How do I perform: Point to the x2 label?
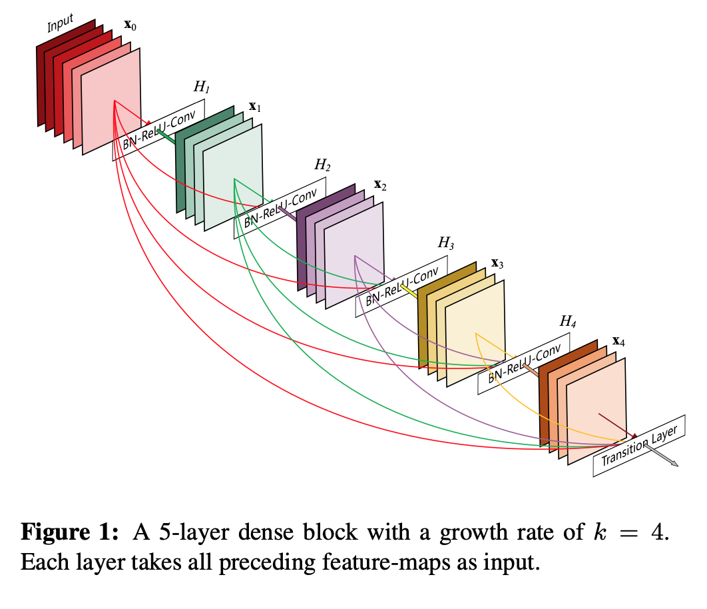click(380, 185)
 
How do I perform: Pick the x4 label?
click(618, 342)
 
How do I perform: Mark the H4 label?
click(567, 322)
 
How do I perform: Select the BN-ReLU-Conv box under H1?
click(158, 131)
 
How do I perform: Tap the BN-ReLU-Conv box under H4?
click(524, 364)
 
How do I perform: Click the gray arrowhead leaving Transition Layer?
click(674, 463)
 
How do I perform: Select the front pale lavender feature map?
click(354, 256)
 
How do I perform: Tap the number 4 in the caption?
click(656, 533)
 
